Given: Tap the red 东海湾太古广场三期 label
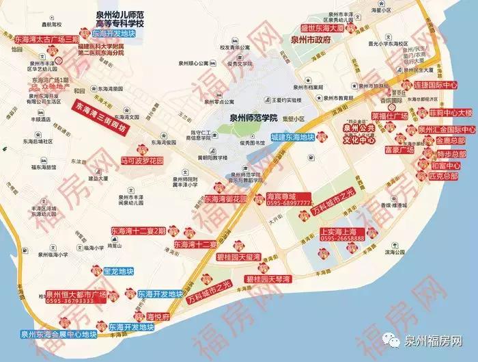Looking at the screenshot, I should (46, 40).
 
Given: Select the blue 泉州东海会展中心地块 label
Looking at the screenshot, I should (59, 334).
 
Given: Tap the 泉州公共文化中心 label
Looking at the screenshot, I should (369, 130).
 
